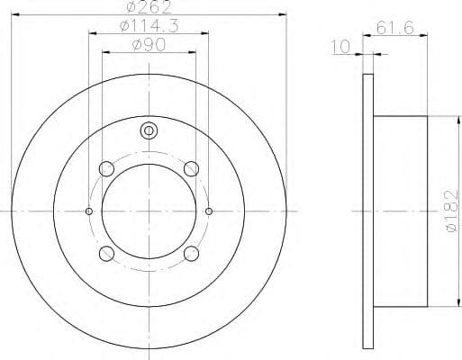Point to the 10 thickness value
[340, 45]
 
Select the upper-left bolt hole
[107, 168]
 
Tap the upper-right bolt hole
[190, 168]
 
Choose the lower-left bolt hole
[107, 253]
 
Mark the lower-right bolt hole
[190, 253]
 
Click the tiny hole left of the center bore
[88, 211]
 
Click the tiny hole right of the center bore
[209, 211]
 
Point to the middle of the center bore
[149, 211]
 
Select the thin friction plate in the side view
[367, 211]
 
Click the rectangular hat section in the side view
[400, 211]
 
